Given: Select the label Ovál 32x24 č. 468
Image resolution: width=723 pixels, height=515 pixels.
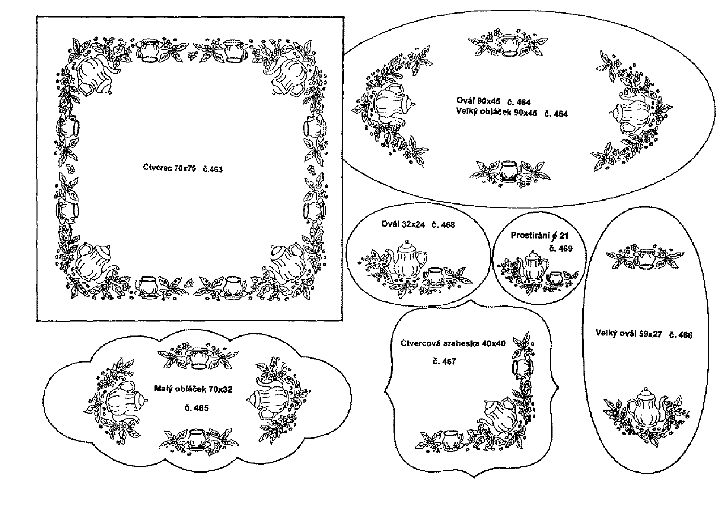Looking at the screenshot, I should click(418, 224).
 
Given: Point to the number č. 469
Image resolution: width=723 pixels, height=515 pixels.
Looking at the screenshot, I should click(560, 248).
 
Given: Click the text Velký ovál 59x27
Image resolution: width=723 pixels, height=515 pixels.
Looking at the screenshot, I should click(630, 334).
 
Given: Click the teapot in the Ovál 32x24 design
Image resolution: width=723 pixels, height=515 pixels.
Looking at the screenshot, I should click(407, 259).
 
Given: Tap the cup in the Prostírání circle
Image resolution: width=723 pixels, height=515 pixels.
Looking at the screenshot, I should click(555, 278).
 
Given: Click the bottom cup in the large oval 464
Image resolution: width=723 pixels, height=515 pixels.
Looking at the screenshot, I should click(508, 169).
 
